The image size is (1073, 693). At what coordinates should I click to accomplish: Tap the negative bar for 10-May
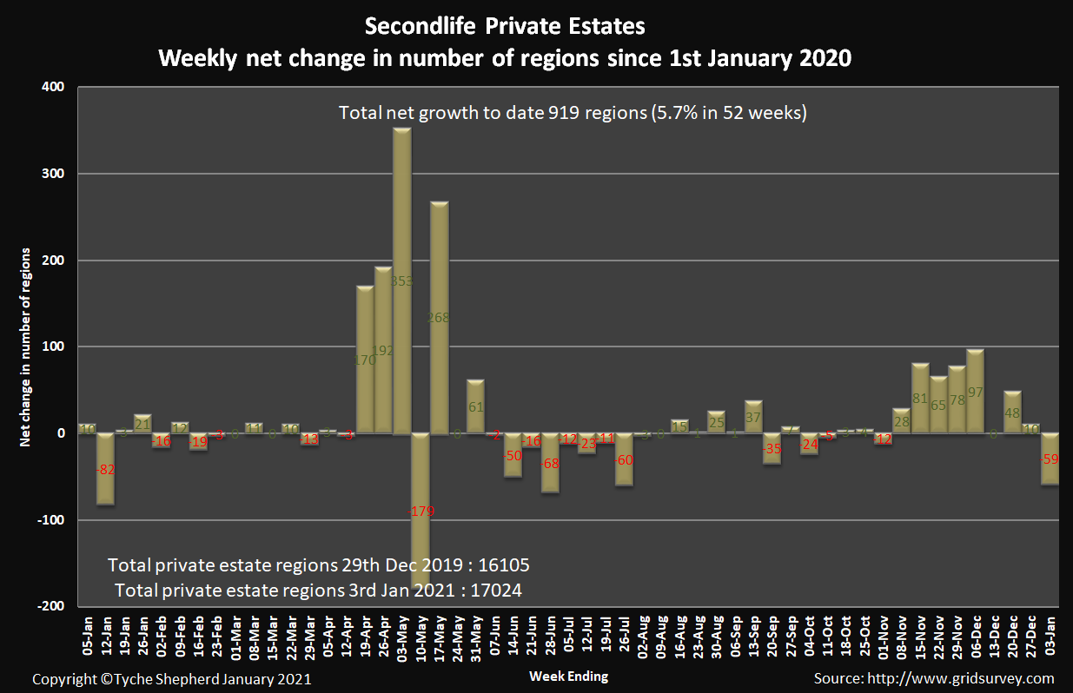421,512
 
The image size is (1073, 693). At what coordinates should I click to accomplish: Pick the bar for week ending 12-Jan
106,469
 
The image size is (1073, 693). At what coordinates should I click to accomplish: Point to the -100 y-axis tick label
50,520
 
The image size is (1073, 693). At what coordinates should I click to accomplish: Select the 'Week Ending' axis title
568,676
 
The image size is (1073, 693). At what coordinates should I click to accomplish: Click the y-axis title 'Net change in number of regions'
25,347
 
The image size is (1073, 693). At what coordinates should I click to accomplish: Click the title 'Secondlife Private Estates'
505,26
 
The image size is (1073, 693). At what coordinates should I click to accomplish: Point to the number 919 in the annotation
564,113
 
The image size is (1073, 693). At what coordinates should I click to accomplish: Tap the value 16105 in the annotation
502,564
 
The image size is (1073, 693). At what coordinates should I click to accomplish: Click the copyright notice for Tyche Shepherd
172,678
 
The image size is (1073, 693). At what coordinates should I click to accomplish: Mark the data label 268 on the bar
439,318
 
